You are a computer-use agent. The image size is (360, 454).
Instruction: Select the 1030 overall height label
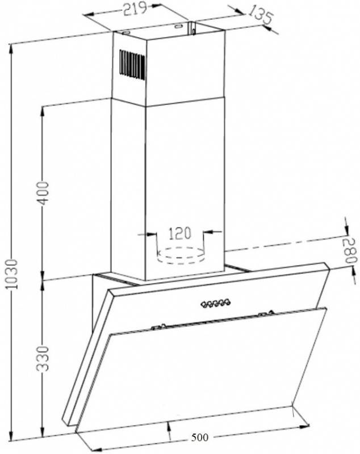[12, 274]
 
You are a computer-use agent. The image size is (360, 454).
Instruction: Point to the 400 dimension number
[44, 193]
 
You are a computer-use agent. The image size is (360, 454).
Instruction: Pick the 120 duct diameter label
[180, 233]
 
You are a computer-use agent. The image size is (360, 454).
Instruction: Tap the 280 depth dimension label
[350, 251]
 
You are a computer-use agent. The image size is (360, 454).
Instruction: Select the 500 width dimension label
[199, 437]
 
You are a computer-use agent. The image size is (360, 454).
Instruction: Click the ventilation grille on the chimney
[132, 64]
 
